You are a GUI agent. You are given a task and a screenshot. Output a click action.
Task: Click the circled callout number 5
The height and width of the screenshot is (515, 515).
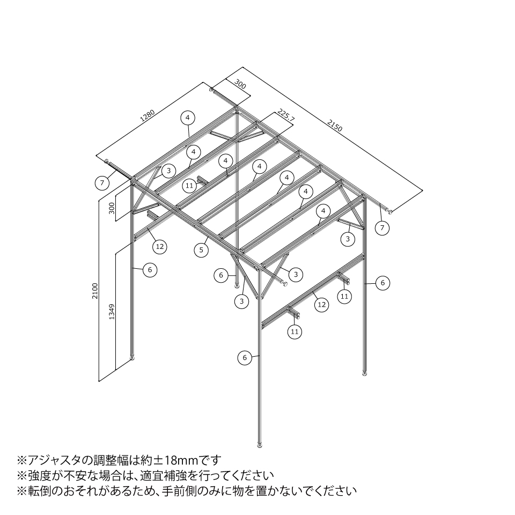(x=201, y=250)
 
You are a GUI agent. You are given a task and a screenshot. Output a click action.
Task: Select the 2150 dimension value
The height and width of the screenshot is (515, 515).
(x=335, y=125)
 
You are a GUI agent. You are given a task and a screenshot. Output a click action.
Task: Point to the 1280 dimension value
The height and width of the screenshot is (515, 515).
(x=148, y=115)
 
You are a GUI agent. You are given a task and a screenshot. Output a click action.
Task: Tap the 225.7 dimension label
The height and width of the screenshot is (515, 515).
(x=285, y=115)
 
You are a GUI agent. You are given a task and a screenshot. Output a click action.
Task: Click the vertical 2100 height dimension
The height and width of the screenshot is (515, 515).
(x=95, y=291)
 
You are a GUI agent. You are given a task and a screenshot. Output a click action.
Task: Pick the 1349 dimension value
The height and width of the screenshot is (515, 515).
(x=112, y=312)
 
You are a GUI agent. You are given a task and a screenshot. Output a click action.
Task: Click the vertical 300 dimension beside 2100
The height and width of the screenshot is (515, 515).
(x=112, y=208)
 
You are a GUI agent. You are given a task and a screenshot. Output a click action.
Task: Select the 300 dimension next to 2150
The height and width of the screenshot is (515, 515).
(x=240, y=85)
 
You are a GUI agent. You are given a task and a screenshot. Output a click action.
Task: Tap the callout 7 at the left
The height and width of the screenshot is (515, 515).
(x=102, y=182)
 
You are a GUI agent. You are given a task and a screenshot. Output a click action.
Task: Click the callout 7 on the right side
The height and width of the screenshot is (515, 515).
(x=382, y=228)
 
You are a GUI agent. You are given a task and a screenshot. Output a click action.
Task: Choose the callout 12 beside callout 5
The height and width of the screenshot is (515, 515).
(x=160, y=246)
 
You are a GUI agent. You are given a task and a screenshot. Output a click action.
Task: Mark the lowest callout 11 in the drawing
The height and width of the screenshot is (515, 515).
(x=295, y=332)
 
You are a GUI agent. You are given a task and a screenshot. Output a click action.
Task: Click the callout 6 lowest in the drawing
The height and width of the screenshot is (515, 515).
(x=245, y=358)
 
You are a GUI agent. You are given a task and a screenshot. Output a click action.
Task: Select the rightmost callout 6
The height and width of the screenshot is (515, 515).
(x=382, y=283)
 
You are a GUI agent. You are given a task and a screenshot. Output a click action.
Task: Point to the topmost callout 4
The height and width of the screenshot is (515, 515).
(x=188, y=117)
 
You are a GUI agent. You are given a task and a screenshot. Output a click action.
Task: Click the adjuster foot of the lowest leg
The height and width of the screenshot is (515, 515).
(x=260, y=445)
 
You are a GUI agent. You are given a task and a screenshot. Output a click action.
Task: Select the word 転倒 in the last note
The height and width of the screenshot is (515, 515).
(x=39, y=491)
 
